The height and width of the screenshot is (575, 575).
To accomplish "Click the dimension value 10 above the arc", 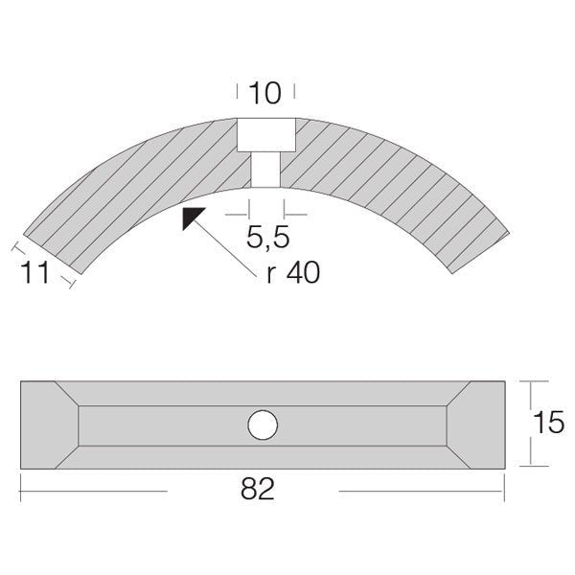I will (x=264, y=93).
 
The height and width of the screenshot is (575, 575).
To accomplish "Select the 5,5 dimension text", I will (x=265, y=234).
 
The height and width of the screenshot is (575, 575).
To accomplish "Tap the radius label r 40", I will (x=293, y=272).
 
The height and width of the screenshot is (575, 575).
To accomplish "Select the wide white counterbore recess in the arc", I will (x=264, y=135).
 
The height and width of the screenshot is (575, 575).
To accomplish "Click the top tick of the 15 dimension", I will (x=526, y=380).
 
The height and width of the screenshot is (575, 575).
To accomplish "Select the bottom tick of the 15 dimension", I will (x=526, y=467).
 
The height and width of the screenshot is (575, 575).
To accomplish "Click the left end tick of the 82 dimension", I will (x=21, y=490).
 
